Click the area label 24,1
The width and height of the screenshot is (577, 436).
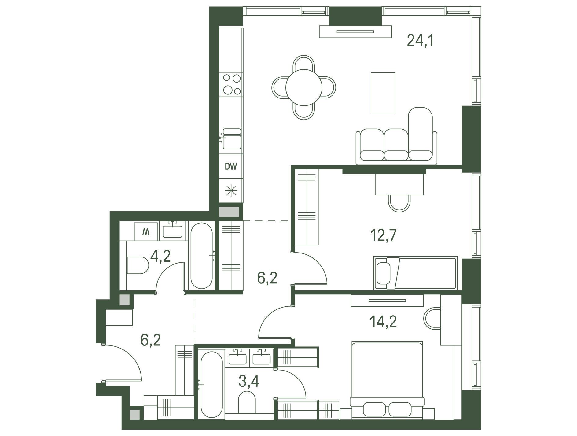[420, 40]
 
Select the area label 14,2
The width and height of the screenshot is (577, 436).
[384, 321]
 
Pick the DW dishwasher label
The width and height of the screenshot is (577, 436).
[231, 167]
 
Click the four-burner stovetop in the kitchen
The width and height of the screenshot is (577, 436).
[231, 84]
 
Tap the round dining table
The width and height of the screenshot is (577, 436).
[304, 87]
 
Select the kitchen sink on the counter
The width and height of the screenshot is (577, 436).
[232, 139]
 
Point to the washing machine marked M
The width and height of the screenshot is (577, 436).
[146, 232]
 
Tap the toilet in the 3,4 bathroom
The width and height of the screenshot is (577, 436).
[247, 401]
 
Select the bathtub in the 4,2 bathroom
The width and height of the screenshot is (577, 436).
[201, 256]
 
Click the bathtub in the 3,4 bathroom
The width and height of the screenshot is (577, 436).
[212, 385]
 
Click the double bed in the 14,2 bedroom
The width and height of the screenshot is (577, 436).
[387, 380]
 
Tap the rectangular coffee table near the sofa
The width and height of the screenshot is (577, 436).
[383, 93]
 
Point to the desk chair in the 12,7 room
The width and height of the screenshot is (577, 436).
[399, 203]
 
